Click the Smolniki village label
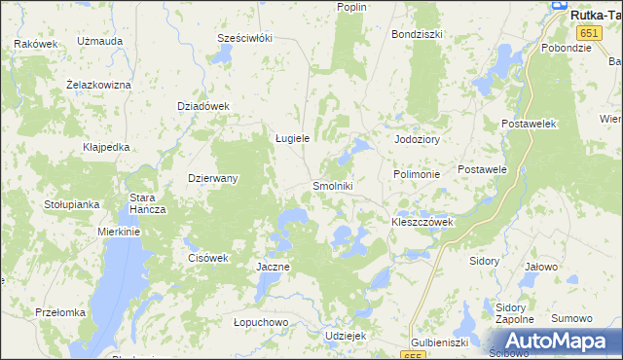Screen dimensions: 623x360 tap(332, 186)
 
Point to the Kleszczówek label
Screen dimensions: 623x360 tap(422, 222)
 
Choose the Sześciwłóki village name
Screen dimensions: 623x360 tap(244, 38)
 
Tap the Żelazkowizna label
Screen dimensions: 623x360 tap(98, 85)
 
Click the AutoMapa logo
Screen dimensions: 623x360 tap(552, 341)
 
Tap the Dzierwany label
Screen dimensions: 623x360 tap(212, 178)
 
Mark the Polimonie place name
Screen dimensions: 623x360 tap(417, 174)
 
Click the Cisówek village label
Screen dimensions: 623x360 tap(206, 258)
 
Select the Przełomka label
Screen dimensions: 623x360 tap(60, 312)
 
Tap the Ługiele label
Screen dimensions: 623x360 tap(292, 138)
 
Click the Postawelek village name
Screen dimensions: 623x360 tap(528, 125)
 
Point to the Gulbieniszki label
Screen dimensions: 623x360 tap(440, 342)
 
